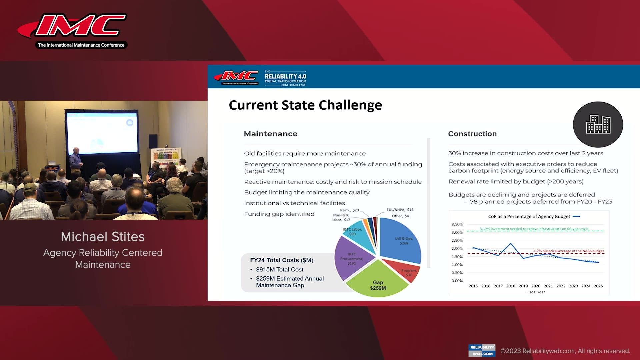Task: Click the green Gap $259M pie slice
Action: [x=377, y=282]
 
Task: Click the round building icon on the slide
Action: [x=598, y=124]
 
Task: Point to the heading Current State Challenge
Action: [x=305, y=105]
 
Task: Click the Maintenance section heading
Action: [x=270, y=134]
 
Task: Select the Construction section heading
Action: [x=472, y=134]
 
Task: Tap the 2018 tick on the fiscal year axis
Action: [x=511, y=286]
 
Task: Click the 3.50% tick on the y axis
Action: [x=457, y=224]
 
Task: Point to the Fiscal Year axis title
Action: [x=535, y=292]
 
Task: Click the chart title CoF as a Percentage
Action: [x=529, y=216]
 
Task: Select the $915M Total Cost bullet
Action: [x=279, y=269]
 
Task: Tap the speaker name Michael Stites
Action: [x=103, y=237]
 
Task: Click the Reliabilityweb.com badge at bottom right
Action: [x=482, y=350]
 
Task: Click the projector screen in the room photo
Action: [x=102, y=133]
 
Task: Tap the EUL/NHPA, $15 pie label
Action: [x=400, y=210]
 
